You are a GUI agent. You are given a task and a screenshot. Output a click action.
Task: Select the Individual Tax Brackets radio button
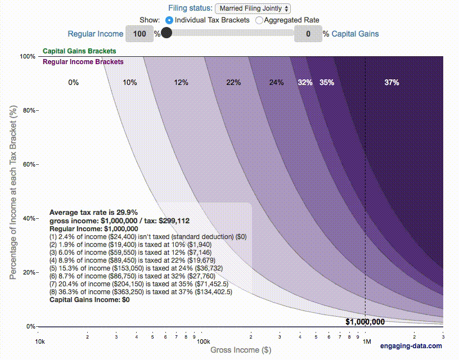pos(169,20)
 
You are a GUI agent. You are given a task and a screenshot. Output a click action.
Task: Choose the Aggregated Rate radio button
pos(259,20)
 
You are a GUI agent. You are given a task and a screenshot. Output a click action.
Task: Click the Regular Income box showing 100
pos(139,34)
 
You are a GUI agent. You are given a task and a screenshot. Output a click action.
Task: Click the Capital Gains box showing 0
pos(308,34)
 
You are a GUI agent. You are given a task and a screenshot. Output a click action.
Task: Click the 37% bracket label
pos(391,82)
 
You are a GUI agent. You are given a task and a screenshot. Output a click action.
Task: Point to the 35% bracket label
pos(327,82)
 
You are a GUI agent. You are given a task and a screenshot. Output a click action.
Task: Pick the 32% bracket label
pos(305,82)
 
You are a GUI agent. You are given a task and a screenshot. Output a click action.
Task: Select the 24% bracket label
pos(276,82)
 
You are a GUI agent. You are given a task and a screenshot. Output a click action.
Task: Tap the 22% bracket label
pos(233,82)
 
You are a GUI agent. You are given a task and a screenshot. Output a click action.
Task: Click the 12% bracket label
pos(181,82)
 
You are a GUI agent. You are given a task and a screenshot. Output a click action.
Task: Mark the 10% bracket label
pos(130,82)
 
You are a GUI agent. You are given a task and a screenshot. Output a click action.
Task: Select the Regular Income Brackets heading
pos(83,61)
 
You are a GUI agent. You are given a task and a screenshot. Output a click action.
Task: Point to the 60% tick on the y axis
pos(30,164)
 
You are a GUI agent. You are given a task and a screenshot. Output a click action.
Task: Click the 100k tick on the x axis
pos(203,341)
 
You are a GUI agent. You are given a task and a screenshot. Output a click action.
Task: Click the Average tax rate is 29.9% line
pos(93,213)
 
